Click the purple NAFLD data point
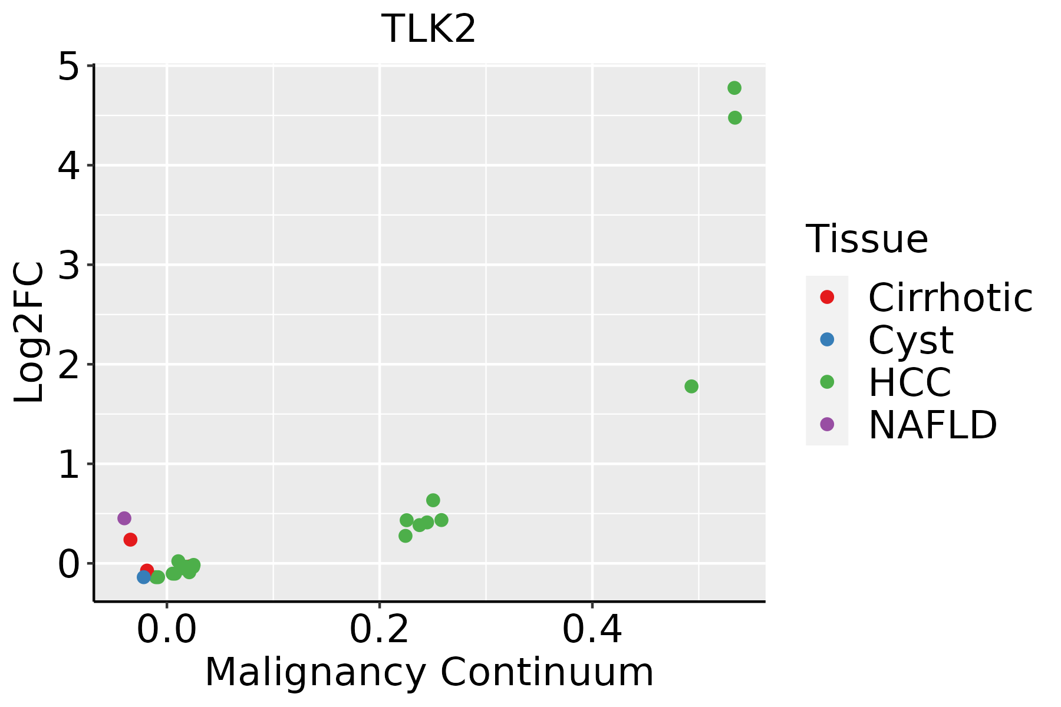[124, 518]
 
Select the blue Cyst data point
[144, 577]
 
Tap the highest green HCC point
[734, 88]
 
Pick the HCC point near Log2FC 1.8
[691, 386]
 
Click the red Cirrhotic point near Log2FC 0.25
[131, 540]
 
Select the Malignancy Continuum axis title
[429, 673]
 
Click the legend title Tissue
[866, 239]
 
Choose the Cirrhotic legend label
[950, 298]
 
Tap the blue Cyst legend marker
[827, 339]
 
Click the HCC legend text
[910, 382]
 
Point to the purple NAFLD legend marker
[827, 424]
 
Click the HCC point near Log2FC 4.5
[735, 118]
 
